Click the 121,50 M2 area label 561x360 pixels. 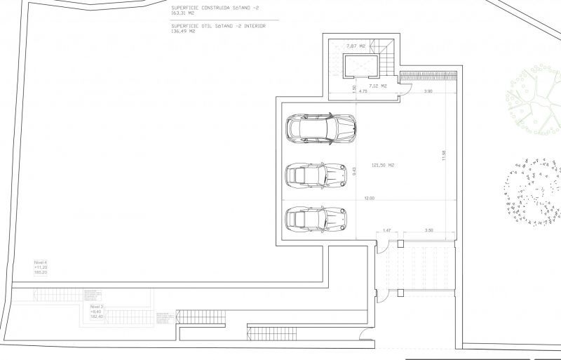[x=383, y=166]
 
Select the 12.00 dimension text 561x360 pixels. [x=369, y=199]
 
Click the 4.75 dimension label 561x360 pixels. [x=363, y=92]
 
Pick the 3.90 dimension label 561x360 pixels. [x=428, y=92]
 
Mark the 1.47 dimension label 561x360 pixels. [x=386, y=230]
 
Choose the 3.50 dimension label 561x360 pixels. [x=429, y=230]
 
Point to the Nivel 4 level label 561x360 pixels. [x=40, y=262]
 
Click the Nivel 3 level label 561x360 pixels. [x=97, y=307]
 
